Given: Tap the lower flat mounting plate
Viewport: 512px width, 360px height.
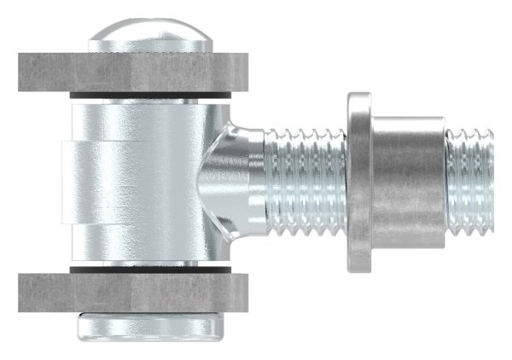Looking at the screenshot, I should (132, 291).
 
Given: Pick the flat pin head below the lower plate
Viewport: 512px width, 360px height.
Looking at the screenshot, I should (150, 325).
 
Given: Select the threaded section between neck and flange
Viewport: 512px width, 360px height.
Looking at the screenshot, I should (303, 181).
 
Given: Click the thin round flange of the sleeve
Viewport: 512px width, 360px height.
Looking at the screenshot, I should (358, 181).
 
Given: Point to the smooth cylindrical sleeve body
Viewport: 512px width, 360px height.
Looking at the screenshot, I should (405, 181).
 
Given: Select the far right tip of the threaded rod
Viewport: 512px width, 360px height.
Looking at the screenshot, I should (493, 181).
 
